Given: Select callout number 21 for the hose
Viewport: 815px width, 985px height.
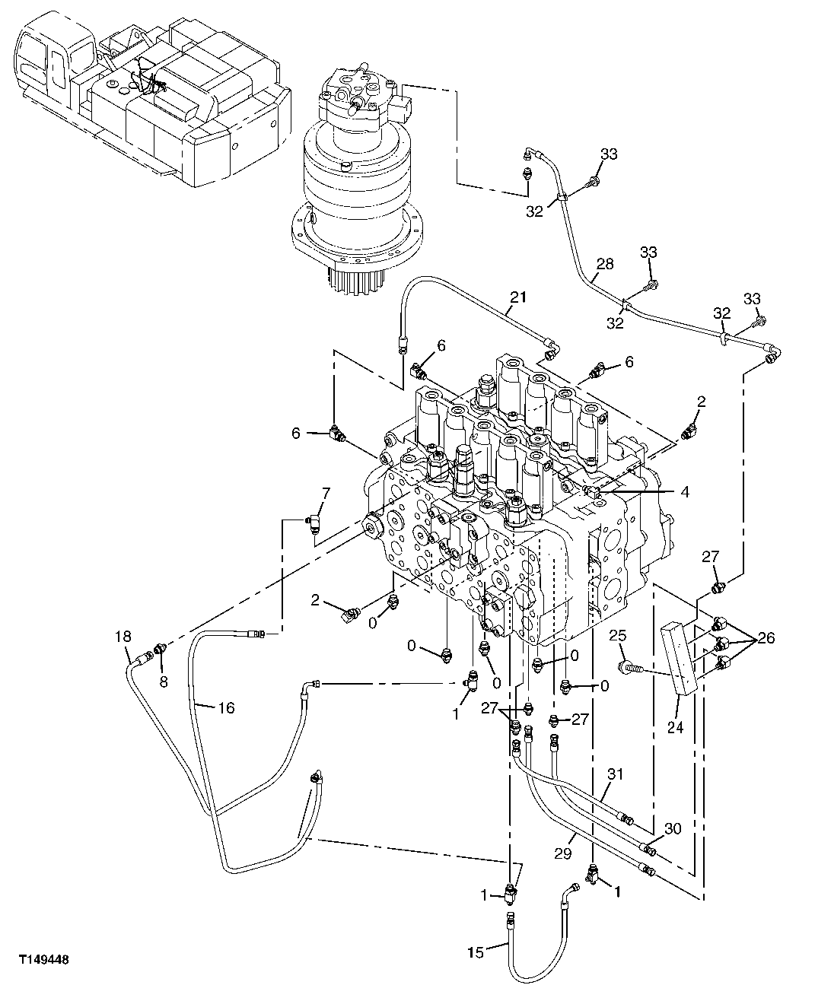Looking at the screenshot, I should coord(518,297).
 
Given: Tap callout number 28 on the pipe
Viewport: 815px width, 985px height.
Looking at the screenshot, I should coord(604,265).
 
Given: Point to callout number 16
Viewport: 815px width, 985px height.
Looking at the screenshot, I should coord(226,708).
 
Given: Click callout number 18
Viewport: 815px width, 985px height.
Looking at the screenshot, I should coord(123,636).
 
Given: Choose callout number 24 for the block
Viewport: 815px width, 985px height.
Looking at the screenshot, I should coord(675,727).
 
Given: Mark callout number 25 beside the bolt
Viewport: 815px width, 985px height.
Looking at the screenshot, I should coord(617,635).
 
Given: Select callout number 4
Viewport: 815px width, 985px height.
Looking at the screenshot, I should coord(685,492).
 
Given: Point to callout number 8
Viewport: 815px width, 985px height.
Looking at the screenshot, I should coord(164,682).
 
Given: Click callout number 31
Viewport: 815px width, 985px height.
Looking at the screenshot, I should coord(614,774).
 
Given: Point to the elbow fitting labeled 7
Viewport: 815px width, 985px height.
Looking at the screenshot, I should coord(314,523).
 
